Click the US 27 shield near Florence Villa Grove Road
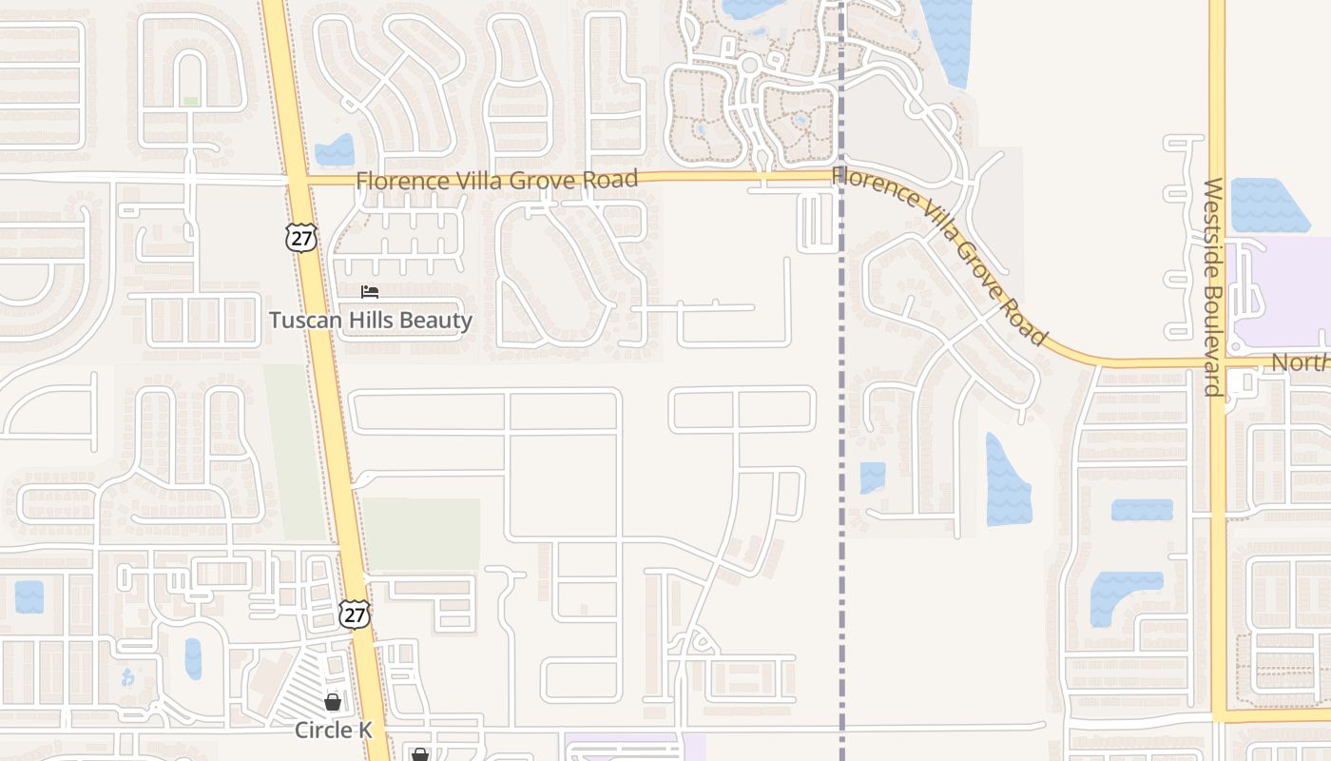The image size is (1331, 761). click(x=301, y=237)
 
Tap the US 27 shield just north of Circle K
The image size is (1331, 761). click(x=354, y=614)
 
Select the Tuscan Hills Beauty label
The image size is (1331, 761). click(x=370, y=320)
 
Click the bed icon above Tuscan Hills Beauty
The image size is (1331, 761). click(x=370, y=292)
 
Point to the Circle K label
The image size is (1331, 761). click(x=333, y=730)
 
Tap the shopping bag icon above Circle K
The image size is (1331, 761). click(x=333, y=703)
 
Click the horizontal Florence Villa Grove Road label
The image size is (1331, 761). click(x=496, y=180)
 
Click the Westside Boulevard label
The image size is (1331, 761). click(x=1212, y=285)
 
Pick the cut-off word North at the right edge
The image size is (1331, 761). click(x=1300, y=362)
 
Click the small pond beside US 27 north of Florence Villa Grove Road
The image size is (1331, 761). click(x=335, y=150)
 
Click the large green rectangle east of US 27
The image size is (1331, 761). click(x=421, y=533)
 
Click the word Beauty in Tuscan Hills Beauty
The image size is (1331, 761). click(x=435, y=320)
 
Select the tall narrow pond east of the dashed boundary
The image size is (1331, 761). click(x=1007, y=480)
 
